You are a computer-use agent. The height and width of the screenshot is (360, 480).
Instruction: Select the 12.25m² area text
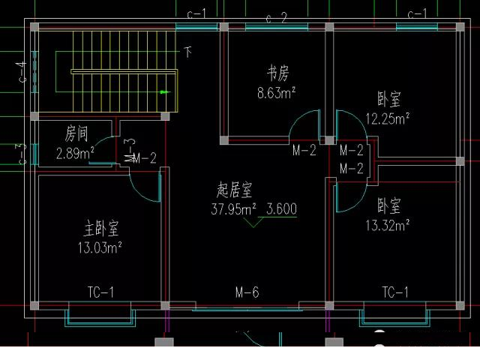pyautogui.click(x=387, y=118)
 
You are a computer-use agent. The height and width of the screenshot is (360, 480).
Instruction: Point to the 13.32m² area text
pyautogui.click(x=387, y=224)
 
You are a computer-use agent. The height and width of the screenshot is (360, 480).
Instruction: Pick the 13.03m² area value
pyautogui.click(x=100, y=246)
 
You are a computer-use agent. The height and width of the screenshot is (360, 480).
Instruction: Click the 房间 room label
pyautogui.click(x=76, y=135)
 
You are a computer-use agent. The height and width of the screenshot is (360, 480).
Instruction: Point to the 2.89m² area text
pyautogui.click(x=75, y=154)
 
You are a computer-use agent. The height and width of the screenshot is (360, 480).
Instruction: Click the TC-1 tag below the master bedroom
pyautogui.click(x=100, y=292)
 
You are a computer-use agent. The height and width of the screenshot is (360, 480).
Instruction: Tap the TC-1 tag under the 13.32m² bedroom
pyautogui.click(x=394, y=292)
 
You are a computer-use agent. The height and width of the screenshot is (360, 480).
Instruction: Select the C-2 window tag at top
pyautogui.click(x=277, y=18)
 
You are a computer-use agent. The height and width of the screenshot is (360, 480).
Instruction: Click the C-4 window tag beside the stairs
pyautogui.click(x=23, y=73)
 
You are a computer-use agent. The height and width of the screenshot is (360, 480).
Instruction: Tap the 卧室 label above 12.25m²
pyautogui.click(x=389, y=99)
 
